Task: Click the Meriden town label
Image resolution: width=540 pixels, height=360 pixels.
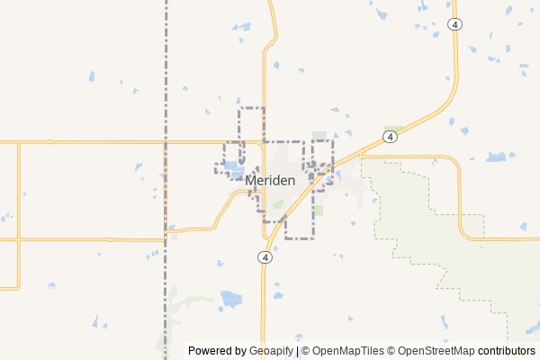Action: pos(270,181)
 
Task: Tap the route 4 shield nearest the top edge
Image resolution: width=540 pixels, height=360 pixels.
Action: pos(457,25)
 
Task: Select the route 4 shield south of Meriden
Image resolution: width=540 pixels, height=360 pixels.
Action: pos(265,256)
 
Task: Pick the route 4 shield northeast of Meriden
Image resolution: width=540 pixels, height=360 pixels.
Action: pos(389,137)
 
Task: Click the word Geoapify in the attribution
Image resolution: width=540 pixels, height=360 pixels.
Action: pos(270,351)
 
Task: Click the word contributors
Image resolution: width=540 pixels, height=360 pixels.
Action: pos(506,351)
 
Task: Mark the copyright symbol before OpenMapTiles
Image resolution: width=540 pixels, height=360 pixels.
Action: pos(305,351)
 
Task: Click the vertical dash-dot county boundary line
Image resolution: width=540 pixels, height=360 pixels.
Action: pos(166,72)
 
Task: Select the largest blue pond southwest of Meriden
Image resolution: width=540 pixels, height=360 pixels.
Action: pos(231,297)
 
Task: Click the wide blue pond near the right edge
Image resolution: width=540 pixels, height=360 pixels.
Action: pos(496,157)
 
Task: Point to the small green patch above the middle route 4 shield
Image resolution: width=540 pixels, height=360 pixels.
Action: pos(392,129)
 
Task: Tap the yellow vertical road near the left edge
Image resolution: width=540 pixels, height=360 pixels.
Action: pos(19,216)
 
